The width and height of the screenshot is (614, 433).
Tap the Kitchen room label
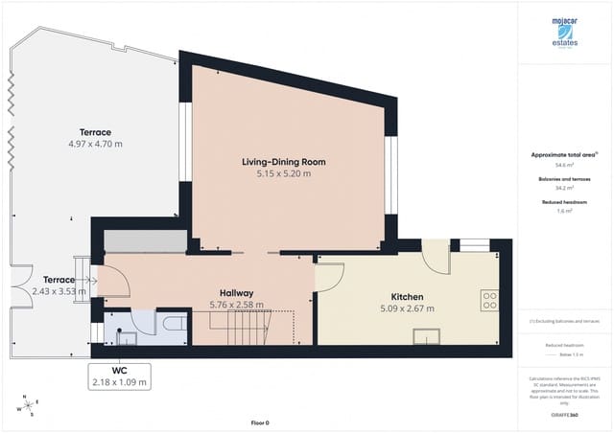[x=407, y=297]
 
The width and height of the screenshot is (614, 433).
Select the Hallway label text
[x=236, y=293]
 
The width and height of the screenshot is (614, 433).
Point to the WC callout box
[x=119, y=376]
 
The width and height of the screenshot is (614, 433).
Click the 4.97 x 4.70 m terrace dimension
[x=96, y=144]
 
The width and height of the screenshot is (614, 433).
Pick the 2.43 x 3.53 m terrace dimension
[x=59, y=291]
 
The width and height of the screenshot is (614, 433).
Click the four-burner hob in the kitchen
[x=488, y=301]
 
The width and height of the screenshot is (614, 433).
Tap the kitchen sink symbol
[x=427, y=334]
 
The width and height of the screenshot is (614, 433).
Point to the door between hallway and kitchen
[x=329, y=276]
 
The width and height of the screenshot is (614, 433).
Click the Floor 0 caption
[x=260, y=422]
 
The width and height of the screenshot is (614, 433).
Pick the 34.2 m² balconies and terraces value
[x=564, y=188]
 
